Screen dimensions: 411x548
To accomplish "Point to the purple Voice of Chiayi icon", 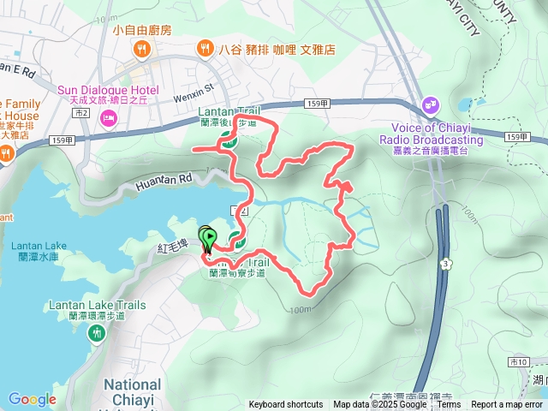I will click(431, 107).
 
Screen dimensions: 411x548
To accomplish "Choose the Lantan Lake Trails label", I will click(98, 309).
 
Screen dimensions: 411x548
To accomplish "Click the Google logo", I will click(32, 399).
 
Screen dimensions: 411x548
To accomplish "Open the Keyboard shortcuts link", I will click(286, 405).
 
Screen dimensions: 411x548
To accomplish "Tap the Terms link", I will click(450, 405).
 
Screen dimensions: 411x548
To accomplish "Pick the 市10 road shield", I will click(519, 361).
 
